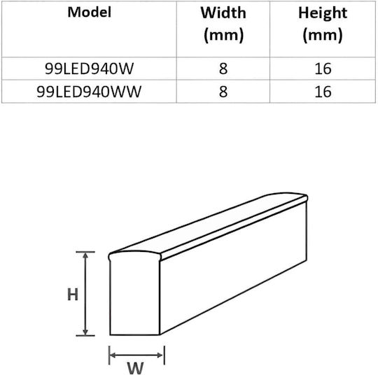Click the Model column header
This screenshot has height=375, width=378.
[x=90, y=12]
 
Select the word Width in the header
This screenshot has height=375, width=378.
[x=223, y=13]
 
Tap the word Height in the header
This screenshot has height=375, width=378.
[x=323, y=13]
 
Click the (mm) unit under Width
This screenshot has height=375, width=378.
[x=223, y=35]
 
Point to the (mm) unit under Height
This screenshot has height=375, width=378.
[x=323, y=35]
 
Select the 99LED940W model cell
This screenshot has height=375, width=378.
[x=89, y=69]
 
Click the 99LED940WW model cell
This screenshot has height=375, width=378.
[x=89, y=92]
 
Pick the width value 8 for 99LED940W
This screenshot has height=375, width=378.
[x=223, y=69]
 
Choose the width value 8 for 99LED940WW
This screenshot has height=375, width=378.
[x=223, y=92]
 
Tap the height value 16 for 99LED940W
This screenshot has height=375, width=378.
[x=323, y=69]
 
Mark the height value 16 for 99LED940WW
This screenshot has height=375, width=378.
[x=323, y=92]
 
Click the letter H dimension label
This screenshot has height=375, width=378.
[x=73, y=295]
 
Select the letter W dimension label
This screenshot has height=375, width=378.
[x=135, y=368]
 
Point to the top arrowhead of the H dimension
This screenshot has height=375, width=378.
[x=85, y=255]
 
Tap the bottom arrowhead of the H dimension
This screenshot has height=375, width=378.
[x=85, y=332]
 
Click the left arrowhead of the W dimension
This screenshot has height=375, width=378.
[x=113, y=355]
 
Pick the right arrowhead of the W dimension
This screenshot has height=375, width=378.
[x=160, y=355]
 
